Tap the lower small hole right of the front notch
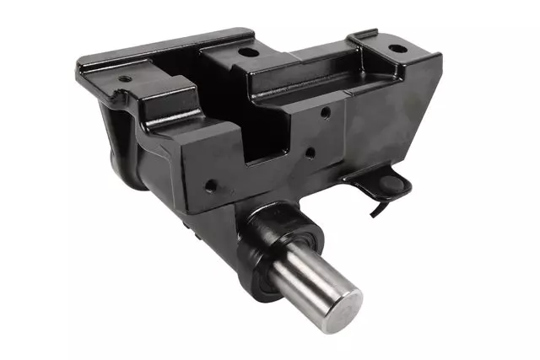tap(310, 153)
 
